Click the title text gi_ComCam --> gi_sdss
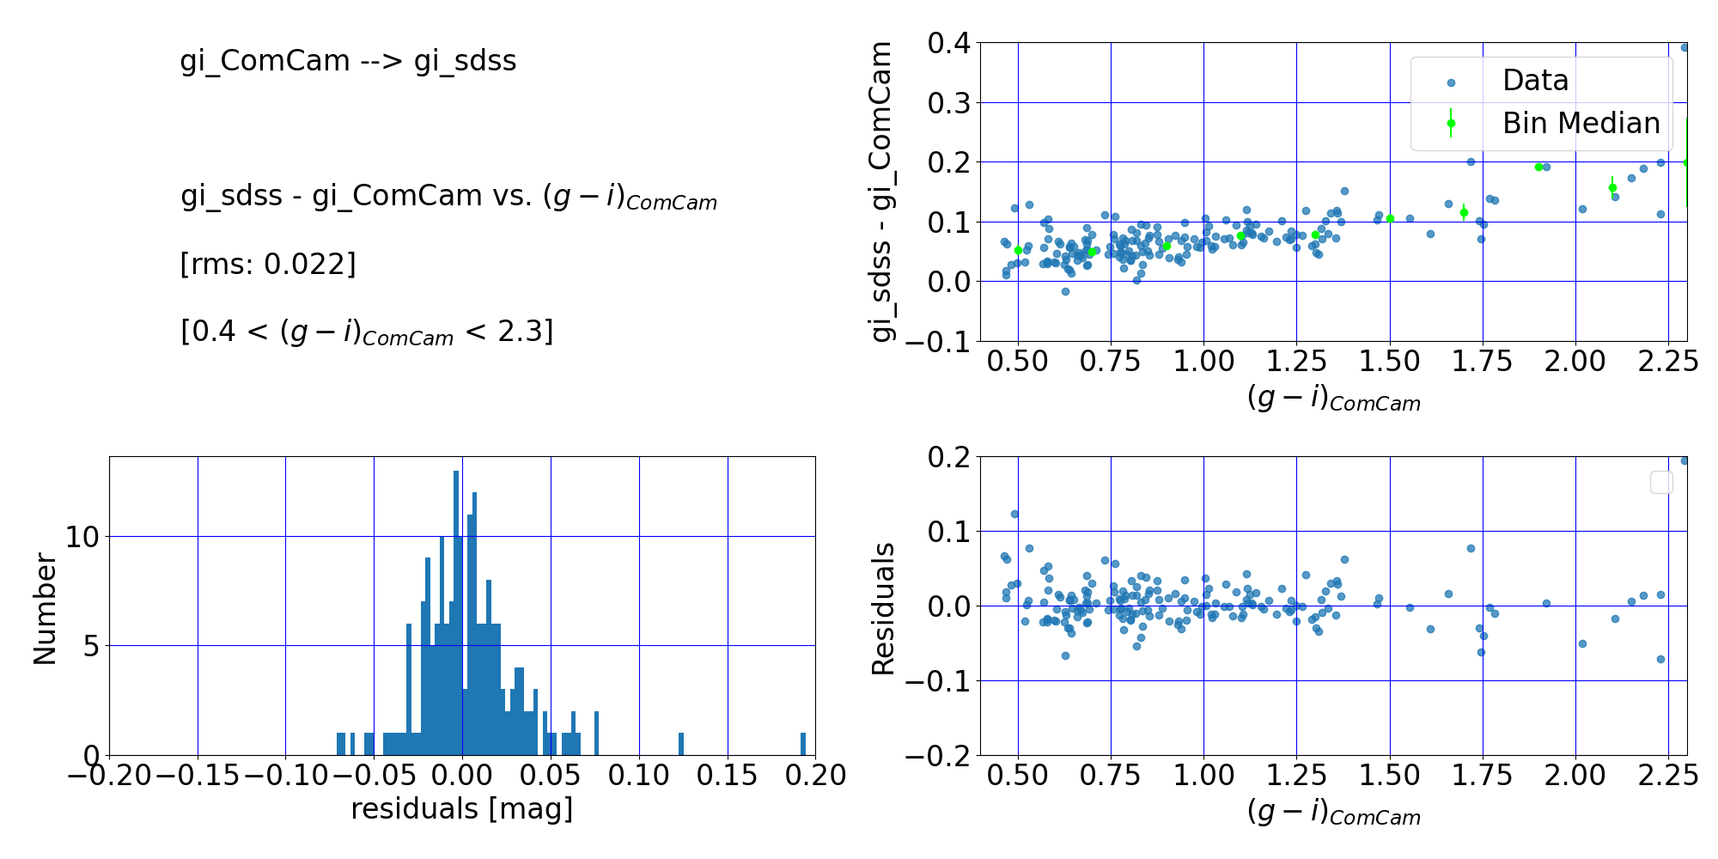click(x=348, y=61)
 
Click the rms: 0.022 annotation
click(x=267, y=264)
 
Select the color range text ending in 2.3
click(x=367, y=332)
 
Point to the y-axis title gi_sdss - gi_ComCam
click(x=882, y=192)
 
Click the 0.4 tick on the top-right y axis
click(x=948, y=43)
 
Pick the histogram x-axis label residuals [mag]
click(x=461, y=809)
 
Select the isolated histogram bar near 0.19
click(x=803, y=744)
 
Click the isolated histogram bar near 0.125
click(x=681, y=744)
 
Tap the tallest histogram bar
click(x=455, y=613)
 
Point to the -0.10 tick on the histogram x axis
click(x=285, y=775)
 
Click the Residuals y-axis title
click(x=883, y=608)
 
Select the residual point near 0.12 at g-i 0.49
click(x=1014, y=514)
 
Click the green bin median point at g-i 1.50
click(x=1390, y=218)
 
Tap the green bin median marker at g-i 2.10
click(x=1612, y=187)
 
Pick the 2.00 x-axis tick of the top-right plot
click(x=1575, y=361)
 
